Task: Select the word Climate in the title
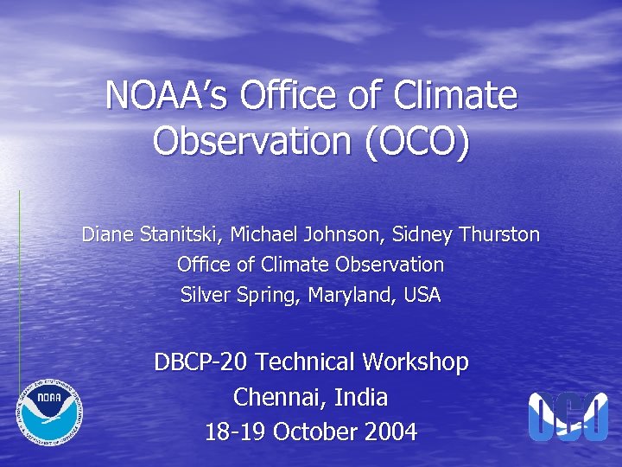click(454, 96)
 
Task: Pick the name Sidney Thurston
click(466, 234)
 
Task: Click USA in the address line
click(422, 295)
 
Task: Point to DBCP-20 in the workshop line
click(200, 361)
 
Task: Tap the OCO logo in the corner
click(568, 417)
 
